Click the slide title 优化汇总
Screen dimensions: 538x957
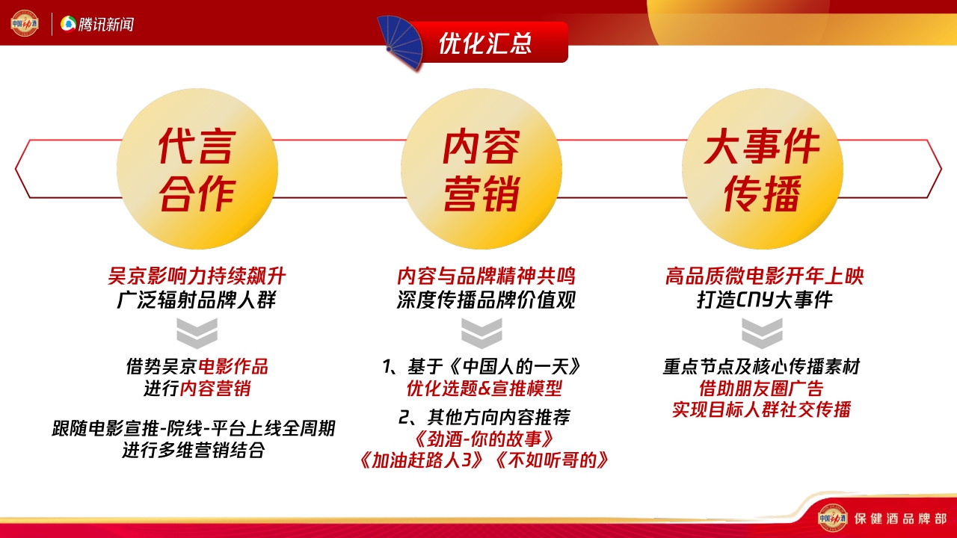(x=484, y=43)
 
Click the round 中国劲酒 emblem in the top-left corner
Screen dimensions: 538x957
(x=25, y=23)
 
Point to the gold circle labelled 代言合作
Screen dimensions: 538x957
(x=197, y=170)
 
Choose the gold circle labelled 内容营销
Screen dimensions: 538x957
(x=481, y=170)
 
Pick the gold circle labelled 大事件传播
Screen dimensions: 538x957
(x=762, y=170)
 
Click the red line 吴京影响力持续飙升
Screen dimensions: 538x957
(x=197, y=276)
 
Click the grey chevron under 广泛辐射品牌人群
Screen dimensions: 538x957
(x=197, y=333)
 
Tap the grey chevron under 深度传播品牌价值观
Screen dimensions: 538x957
(x=481, y=333)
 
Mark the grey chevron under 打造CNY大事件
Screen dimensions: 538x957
(x=762, y=333)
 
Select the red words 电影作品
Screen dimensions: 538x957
(x=233, y=367)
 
